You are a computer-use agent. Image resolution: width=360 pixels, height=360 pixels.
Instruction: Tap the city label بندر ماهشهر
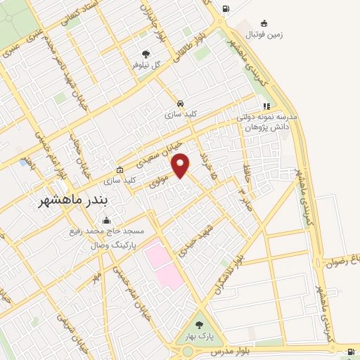(74, 202)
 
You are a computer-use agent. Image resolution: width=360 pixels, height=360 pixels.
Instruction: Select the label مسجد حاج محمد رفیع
(106, 231)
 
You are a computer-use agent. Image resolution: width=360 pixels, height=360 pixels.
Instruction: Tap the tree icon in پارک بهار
(199, 325)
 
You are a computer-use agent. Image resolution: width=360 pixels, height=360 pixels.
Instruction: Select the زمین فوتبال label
(263, 34)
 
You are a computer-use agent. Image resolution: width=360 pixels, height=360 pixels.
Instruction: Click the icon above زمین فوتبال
(263, 23)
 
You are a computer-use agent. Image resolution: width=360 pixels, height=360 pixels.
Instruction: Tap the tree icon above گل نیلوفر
(146, 53)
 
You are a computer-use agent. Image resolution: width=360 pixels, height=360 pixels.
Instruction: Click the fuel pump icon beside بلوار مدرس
(351, 352)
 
